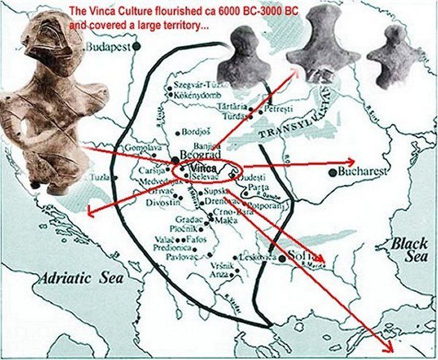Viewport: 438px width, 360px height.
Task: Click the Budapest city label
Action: [107, 46]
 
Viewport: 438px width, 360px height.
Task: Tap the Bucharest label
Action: [362, 172]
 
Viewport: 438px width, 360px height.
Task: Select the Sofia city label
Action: [299, 257]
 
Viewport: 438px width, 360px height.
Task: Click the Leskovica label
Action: [257, 257]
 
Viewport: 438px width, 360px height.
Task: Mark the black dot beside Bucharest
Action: [332, 172]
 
